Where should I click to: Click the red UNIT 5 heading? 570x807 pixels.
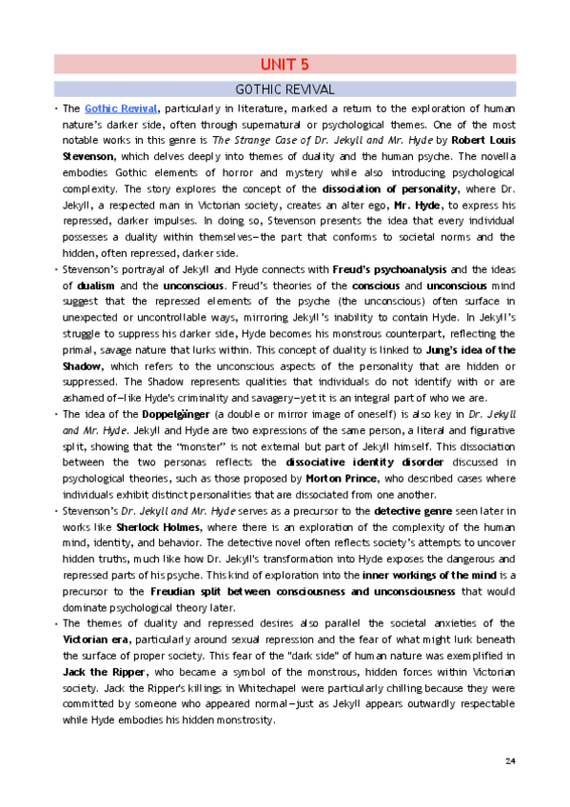(285, 65)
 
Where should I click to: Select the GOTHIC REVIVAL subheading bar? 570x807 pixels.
(285, 89)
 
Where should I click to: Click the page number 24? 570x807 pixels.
(510, 758)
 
